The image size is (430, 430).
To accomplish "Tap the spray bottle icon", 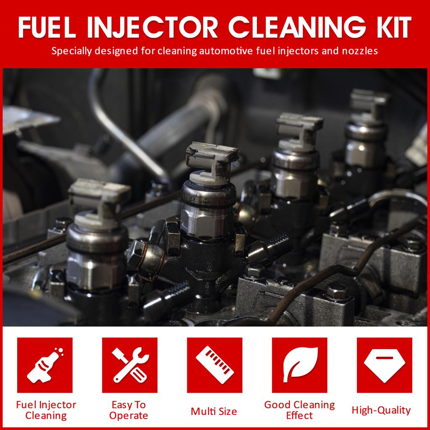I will click(x=45, y=365).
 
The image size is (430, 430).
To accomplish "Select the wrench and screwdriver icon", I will click(x=130, y=365).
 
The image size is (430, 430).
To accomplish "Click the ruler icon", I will click(x=215, y=365).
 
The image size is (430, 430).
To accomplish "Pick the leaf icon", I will click(x=299, y=365).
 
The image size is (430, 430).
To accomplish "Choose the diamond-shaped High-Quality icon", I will click(x=384, y=365).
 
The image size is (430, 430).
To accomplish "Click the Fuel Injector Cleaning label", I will click(x=46, y=410).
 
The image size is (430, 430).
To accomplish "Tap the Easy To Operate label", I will click(x=128, y=410).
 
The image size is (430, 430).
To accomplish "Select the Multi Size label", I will click(x=214, y=411).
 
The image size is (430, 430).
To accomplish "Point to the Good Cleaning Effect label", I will click(x=299, y=410).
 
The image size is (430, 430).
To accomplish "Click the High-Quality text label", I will click(x=381, y=410).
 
